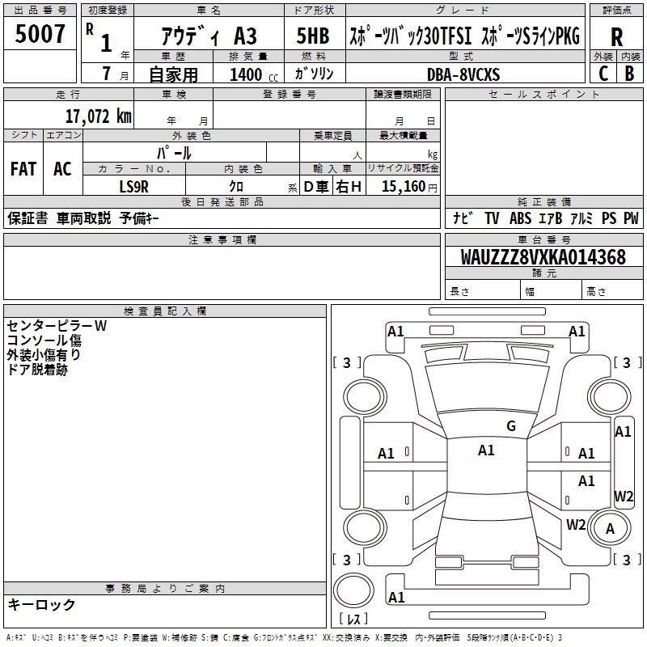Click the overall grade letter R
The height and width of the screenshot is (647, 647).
click(x=616, y=36)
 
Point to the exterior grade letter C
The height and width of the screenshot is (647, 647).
click(x=603, y=73)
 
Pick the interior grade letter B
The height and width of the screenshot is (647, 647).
click(x=629, y=73)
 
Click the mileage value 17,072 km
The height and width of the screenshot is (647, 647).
click(x=99, y=116)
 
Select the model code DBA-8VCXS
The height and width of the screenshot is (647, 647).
click(x=463, y=74)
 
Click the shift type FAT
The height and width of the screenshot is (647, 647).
click(x=23, y=169)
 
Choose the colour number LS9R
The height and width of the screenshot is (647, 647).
click(x=134, y=186)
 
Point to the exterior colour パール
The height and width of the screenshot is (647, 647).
click(x=174, y=153)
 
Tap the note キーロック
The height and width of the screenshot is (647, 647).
click(x=42, y=604)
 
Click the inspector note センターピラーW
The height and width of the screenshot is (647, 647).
click(x=57, y=326)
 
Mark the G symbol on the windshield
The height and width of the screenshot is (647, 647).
click(x=510, y=425)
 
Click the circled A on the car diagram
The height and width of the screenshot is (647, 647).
click(x=611, y=529)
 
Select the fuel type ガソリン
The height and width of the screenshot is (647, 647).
click(x=315, y=74)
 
